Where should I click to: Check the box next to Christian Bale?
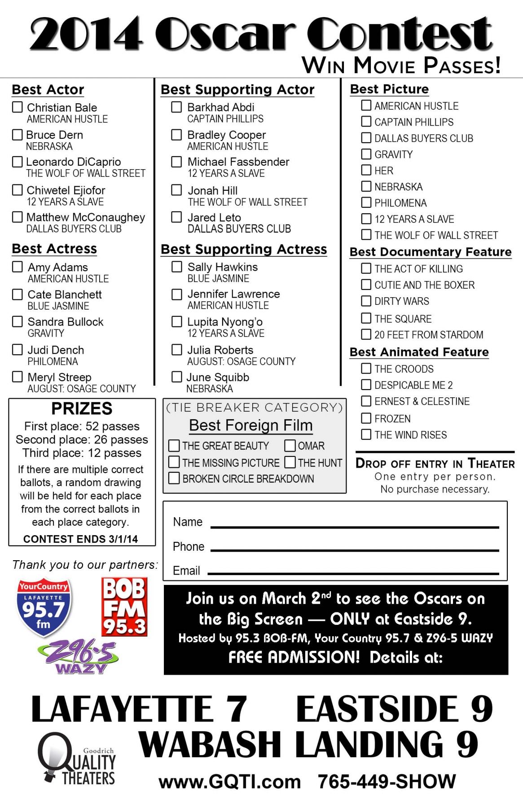pyautogui.click(x=18, y=107)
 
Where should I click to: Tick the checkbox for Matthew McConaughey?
pyautogui.click(x=18, y=217)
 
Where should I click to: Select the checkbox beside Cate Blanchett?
pyautogui.click(x=18, y=294)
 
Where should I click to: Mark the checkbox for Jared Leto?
pyautogui.click(x=177, y=217)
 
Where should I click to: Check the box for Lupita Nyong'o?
pyautogui.click(x=177, y=321)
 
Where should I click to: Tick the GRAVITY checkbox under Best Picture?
pyautogui.click(x=366, y=154)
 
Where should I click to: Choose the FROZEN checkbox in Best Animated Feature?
pyautogui.click(x=366, y=418)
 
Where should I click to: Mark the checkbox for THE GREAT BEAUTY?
pyautogui.click(x=174, y=445)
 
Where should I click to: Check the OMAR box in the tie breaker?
pyautogui.click(x=290, y=445)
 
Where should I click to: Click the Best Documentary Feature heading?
pyautogui.click(x=431, y=252)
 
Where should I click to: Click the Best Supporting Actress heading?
pyautogui.click(x=244, y=249)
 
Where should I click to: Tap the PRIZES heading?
pyautogui.click(x=82, y=408)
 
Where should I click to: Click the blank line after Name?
pyautogui.click(x=355, y=526)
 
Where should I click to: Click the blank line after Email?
pyautogui.click(x=353, y=572)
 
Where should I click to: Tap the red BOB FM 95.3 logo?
pyautogui.click(x=124, y=607)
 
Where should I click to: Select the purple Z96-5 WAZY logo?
pyautogui.click(x=79, y=657)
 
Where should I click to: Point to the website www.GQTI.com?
pyautogui.click(x=229, y=782)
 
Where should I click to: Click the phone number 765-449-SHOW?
pyautogui.click(x=387, y=782)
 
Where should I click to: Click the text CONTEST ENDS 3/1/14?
pyautogui.click(x=80, y=539)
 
